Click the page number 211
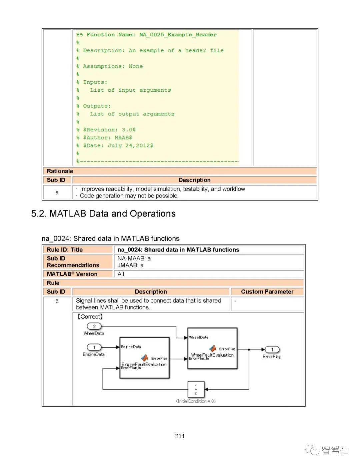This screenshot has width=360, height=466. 180,436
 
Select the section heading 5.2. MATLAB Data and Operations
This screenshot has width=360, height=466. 103,213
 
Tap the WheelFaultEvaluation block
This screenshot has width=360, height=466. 212,348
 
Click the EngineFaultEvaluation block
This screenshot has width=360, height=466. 144,358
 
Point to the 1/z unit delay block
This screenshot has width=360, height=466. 196,390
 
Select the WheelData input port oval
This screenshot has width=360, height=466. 94,326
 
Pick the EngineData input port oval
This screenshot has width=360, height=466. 94,347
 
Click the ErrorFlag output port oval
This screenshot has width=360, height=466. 272,350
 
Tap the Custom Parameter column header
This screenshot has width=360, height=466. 267,292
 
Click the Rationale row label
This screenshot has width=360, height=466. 60,171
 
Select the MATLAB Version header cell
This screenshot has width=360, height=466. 72,274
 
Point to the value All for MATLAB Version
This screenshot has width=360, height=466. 121,274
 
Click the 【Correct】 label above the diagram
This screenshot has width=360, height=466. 90,317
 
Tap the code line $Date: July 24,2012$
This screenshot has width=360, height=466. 118,145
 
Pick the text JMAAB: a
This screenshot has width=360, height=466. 130,265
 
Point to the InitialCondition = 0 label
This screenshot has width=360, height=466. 196,401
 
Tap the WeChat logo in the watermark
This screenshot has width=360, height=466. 312,450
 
